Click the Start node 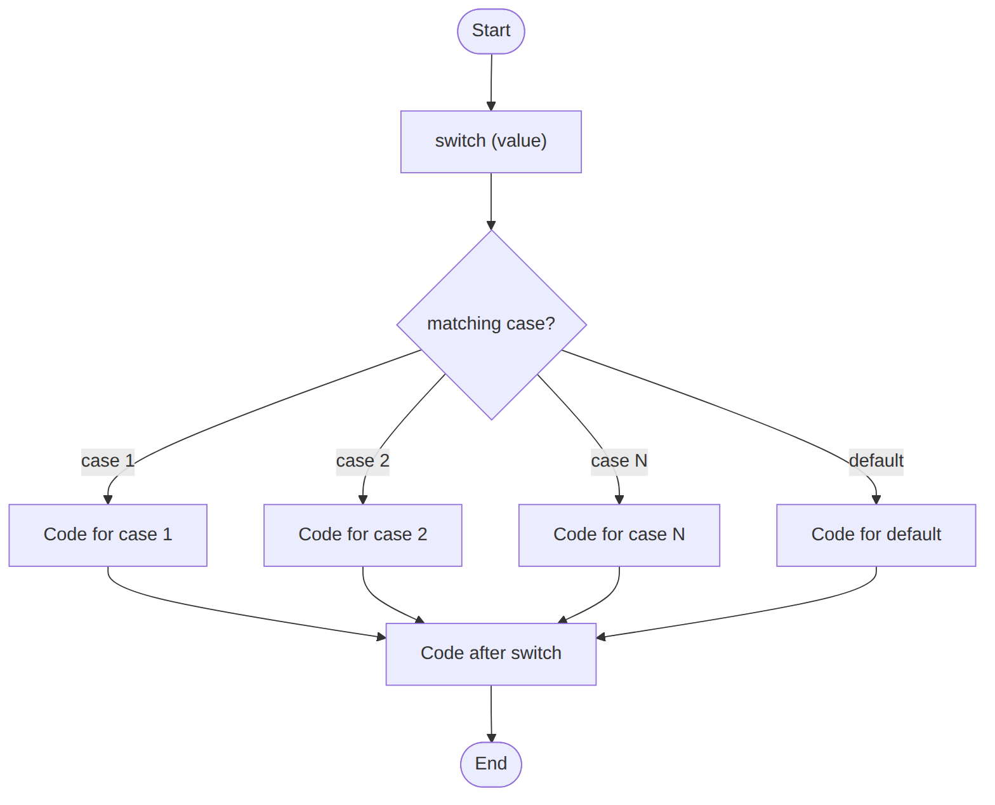[x=491, y=31]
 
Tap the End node [x=491, y=764]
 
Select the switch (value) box [x=491, y=142]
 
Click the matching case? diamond [x=491, y=324]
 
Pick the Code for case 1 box [x=108, y=535]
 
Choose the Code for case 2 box [x=362, y=535]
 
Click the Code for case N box [x=619, y=535]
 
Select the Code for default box [x=876, y=535]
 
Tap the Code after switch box [x=491, y=654]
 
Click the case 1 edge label [x=108, y=461]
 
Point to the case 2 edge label [x=362, y=461]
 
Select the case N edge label [x=619, y=461]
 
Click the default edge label [x=876, y=461]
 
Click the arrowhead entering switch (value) [x=491, y=106]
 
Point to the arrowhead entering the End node [x=491, y=737]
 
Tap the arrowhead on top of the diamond [x=491, y=225]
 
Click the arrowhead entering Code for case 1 [x=108, y=500]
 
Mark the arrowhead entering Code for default [x=876, y=500]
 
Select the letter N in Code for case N [x=678, y=534]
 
